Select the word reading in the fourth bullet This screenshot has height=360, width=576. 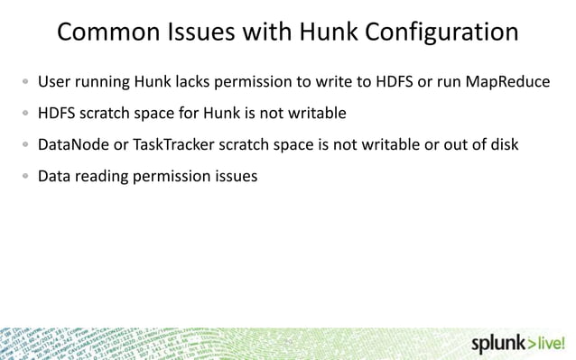pos(102,176)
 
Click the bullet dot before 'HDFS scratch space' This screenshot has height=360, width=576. pos(26,115)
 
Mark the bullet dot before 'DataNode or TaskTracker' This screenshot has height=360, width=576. pos(26,146)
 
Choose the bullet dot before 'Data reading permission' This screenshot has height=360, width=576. pos(26,177)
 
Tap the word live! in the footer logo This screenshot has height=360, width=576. pos(552,343)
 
